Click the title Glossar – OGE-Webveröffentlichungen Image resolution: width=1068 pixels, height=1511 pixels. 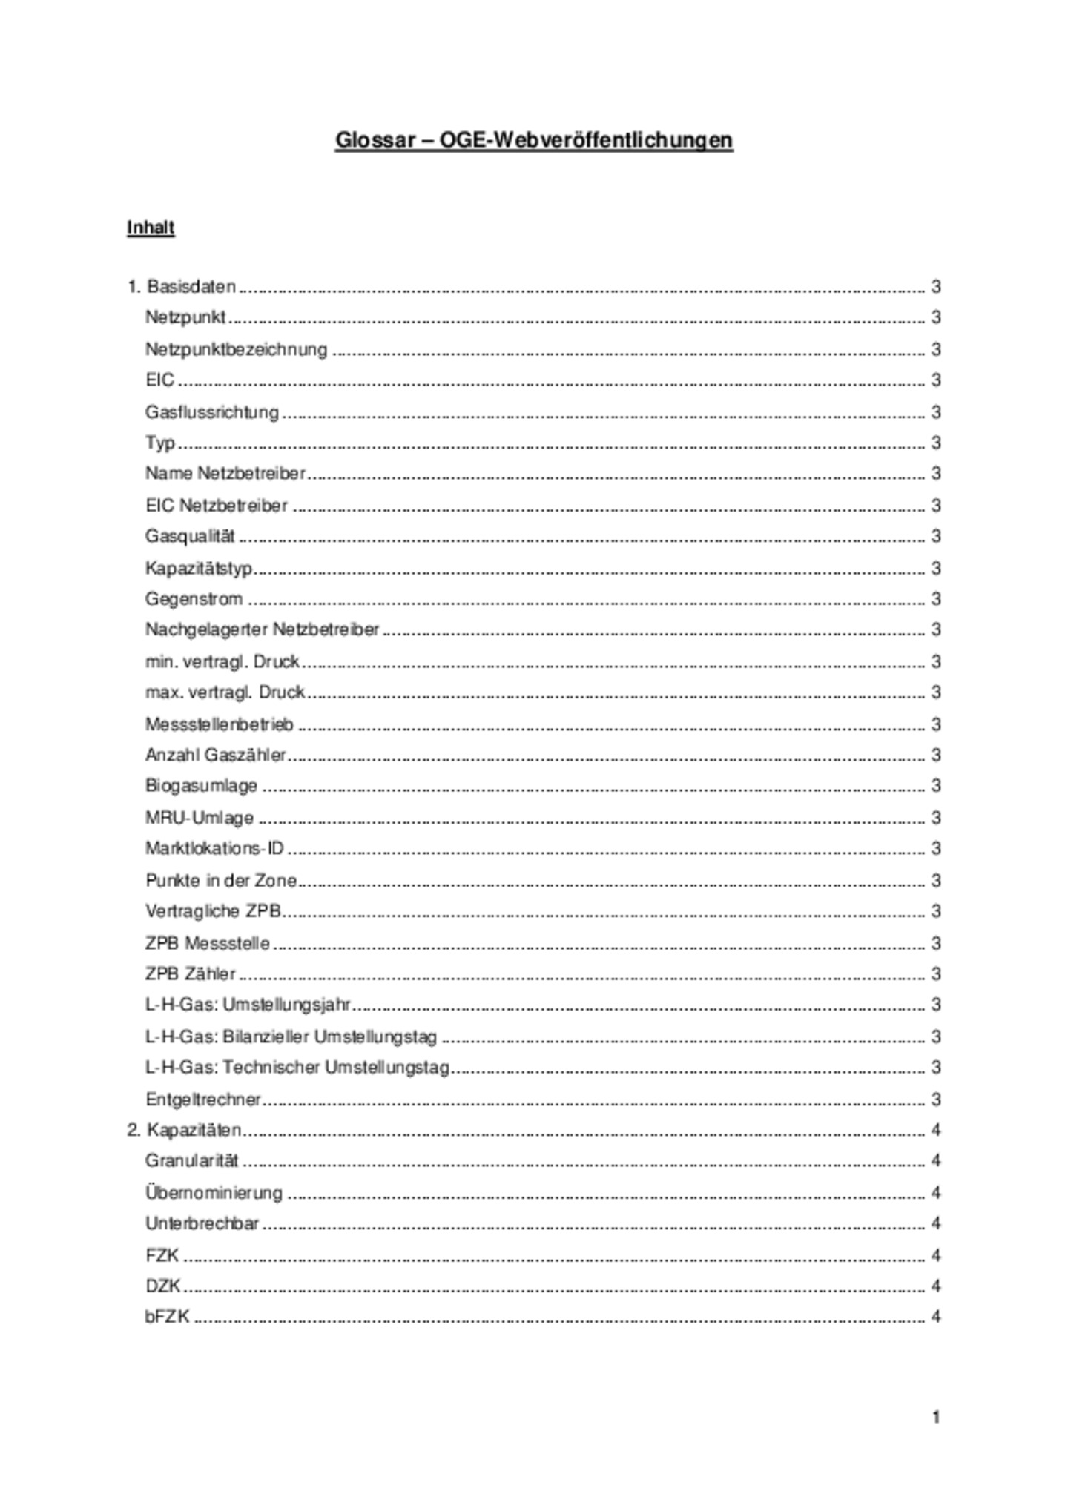(x=534, y=140)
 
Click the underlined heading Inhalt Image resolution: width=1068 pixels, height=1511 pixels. (x=151, y=228)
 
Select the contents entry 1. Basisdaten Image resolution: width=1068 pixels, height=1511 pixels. (x=182, y=287)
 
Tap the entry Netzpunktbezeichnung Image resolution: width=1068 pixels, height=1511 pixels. (x=236, y=349)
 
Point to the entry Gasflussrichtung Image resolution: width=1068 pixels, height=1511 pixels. (x=212, y=412)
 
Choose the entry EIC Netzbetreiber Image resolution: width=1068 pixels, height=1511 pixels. (x=217, y=506)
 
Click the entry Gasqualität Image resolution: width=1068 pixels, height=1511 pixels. (x=190, y=536)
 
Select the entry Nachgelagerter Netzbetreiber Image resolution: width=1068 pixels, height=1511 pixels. (x=262, y=629)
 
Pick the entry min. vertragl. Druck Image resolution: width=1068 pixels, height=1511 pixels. (x=222, y=661)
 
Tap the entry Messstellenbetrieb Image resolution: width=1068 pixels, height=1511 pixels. (x=220, y=724)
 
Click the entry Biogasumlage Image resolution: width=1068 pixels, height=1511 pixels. (x=202, y=786)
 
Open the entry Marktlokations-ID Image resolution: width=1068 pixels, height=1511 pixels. (x=215, y=848)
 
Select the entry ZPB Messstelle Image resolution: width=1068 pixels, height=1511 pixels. (x=208, y=944)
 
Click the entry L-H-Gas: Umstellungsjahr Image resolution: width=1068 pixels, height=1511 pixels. (x=248, y=1005)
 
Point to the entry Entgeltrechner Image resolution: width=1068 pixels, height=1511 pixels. (x=203, y=1100)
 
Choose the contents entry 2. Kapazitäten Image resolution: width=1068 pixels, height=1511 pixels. (x=185, y=1130)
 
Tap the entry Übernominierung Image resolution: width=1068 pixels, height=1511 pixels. (x=214, y=1193)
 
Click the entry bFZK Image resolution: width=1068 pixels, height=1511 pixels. (x=168, y=1317)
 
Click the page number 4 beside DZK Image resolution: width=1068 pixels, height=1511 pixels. (x=936, y=1286)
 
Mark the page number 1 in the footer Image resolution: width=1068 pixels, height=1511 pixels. (x=936, y=1417)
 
